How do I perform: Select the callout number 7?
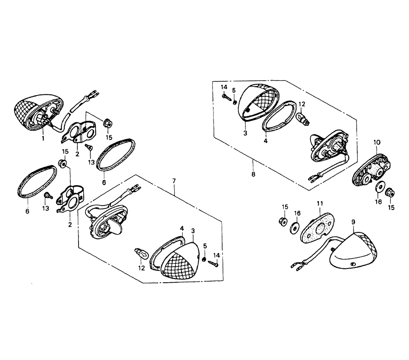pyautogui.click(x=174, y=180)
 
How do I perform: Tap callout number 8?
pyautogui.click(x=253, y=174)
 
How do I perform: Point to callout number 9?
pyautogui.click(x=353, y=222)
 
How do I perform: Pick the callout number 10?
pyautogui.click(x=377, y=142)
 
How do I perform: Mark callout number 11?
pyautogui.click(x=320, y=203)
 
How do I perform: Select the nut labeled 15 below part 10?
pyautogui.click(x=390, y=193)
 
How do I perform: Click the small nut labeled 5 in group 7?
pyautogui.click(x=204, y=259)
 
